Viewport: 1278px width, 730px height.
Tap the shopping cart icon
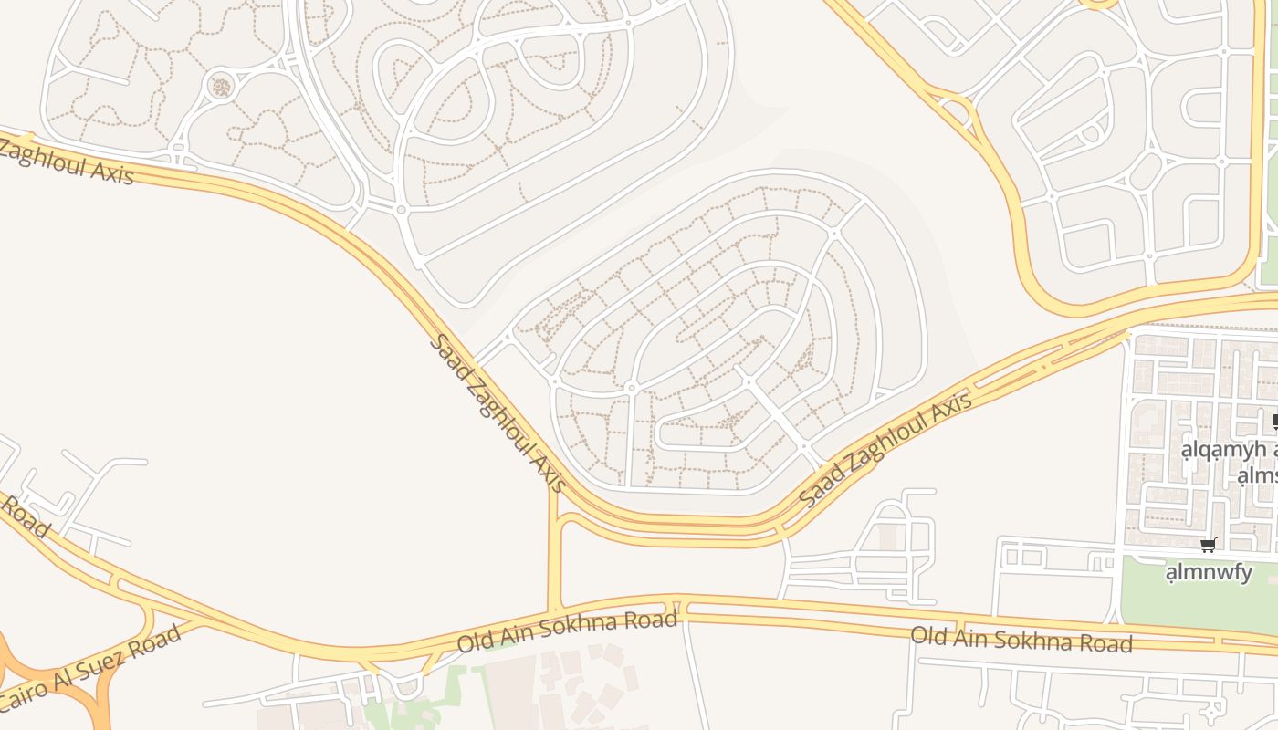click(1209, 546)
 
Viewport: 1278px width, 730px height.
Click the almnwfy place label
click(1209, 573)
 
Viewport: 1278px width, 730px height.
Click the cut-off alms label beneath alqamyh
click(1257, 475)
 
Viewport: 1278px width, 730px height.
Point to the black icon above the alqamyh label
click(1274, 422)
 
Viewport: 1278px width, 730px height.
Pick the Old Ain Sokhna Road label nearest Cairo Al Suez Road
click(567, 632)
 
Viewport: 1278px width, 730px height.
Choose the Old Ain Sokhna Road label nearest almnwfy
click(1021, 639)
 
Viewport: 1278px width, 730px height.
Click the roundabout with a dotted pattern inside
click(220, 87)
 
